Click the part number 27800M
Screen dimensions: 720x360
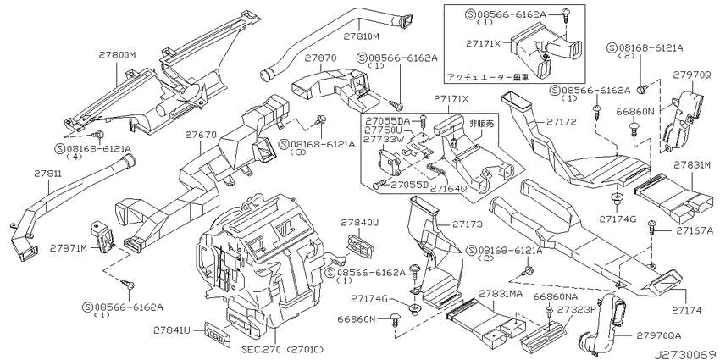pyautogui.click(x=118, y=55)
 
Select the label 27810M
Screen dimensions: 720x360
pyautogui.click(x=362, y=36)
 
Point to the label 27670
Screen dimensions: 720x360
pyautogui.click(x=201, y=135)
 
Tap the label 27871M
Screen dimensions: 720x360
pyautogui.click(x=69, y=248)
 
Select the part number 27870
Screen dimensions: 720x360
pyautogui.click(x=320, y=58)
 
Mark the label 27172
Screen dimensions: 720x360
pyautogui.click(x=561, y=122)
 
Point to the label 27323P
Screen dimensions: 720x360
pyautogui.click(x=576, y=309)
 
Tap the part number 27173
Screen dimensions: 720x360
pyautogui.click(x=468, y=224)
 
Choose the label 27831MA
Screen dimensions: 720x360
pyautogui.click(x=501, y=293)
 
